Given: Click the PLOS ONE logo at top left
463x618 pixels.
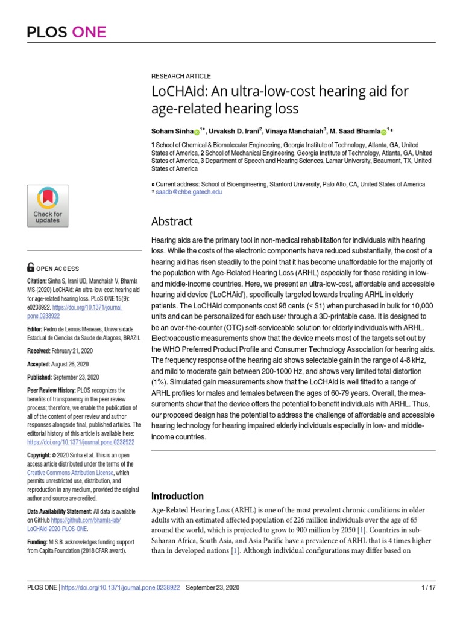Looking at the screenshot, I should [66, 31].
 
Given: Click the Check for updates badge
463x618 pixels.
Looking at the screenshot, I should [47, 205].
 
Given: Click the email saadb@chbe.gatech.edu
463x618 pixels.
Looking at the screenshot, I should [189, 192].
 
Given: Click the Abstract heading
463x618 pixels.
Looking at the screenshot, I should [172, 221].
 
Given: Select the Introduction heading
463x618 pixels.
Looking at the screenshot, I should [177, 496].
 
